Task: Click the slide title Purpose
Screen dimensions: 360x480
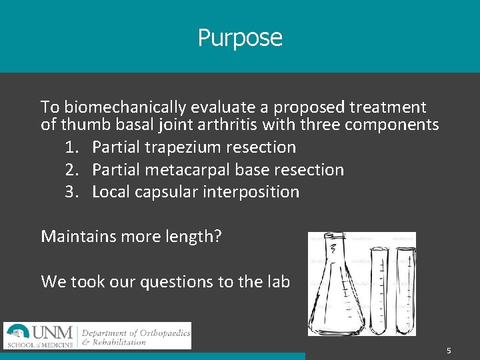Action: point(240,37)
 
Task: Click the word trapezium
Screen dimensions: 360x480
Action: point(189,147)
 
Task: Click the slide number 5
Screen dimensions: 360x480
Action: point(449,351)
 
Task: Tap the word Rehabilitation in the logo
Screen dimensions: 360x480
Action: point(120,342)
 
